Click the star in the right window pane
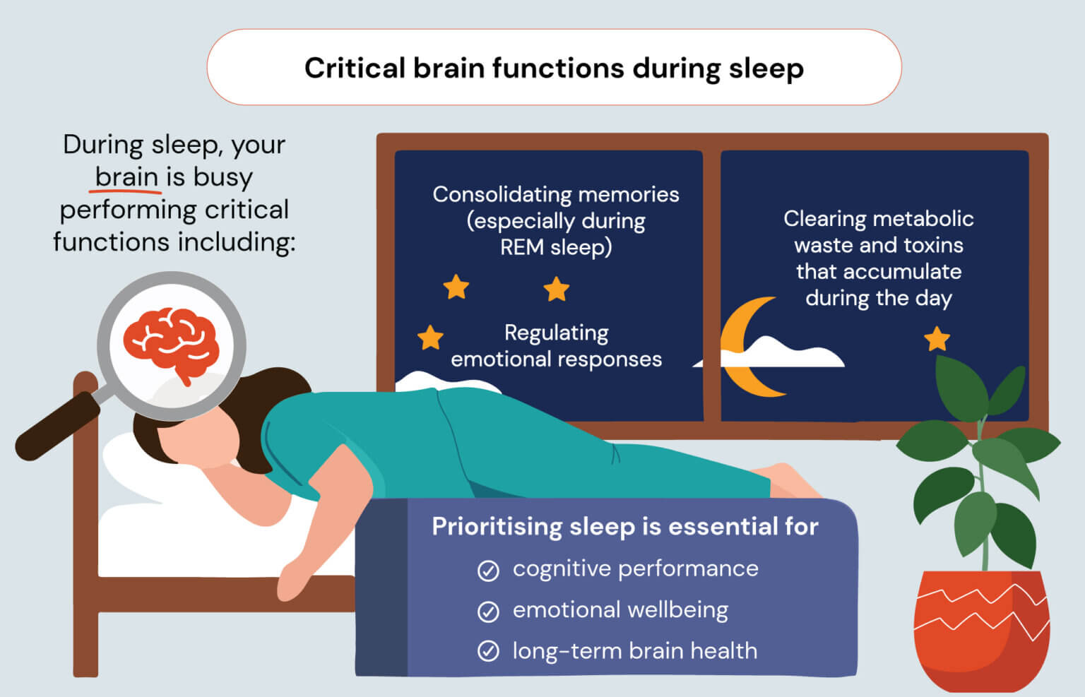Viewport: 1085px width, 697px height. click(x=937, y=339)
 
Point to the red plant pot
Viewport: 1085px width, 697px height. click(x=981, y=629)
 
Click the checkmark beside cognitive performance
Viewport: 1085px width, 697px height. click(x=488, y=570)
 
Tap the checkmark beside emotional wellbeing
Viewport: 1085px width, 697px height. click(x=488, y=611)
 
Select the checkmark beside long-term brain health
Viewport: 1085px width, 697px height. click(x=488, y=651)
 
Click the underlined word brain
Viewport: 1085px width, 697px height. click(x=126, y=177)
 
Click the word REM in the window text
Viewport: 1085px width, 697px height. click(x=522, y=247)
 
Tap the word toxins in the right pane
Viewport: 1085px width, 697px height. click(x=935, y=245)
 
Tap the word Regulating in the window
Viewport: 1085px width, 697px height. click(x=556, y=333)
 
